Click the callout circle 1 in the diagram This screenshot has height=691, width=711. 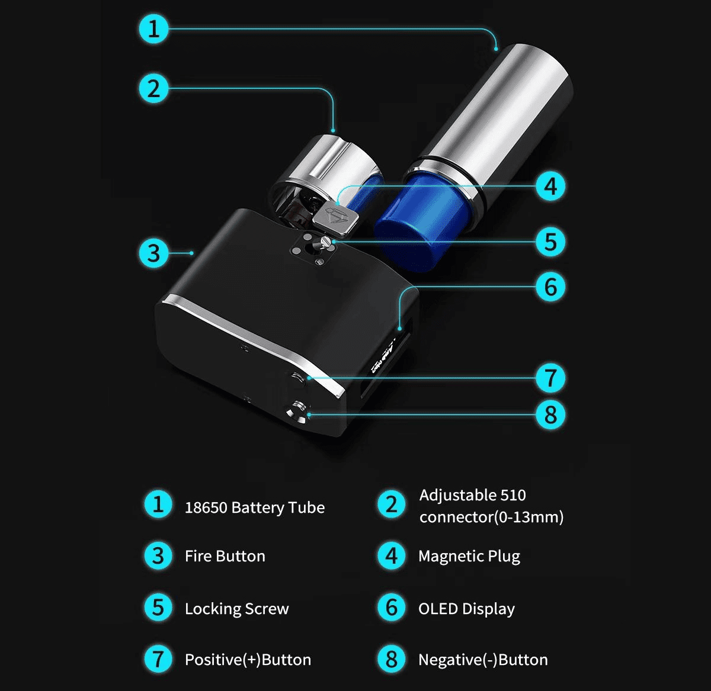click(153, 28)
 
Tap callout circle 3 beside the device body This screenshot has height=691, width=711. click(153, 253)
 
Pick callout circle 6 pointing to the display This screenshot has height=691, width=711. click(550, 287)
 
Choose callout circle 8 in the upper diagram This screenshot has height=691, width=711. click(550, 414)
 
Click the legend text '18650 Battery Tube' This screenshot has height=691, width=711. click(254, 507)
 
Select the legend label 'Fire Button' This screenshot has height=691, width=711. click(225, 556)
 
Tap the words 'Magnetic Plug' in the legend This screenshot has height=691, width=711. click(469, 556)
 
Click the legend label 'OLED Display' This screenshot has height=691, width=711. click(466, 609)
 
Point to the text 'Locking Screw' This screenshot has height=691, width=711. click(236, 609)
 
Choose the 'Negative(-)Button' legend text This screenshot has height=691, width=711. click(483, 660)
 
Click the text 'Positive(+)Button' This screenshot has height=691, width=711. click(248, 660)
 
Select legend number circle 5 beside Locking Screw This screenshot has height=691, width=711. click(158, 608)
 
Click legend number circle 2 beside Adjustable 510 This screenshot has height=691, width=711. click(392, 504)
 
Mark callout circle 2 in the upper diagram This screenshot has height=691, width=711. click(153, 89)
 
